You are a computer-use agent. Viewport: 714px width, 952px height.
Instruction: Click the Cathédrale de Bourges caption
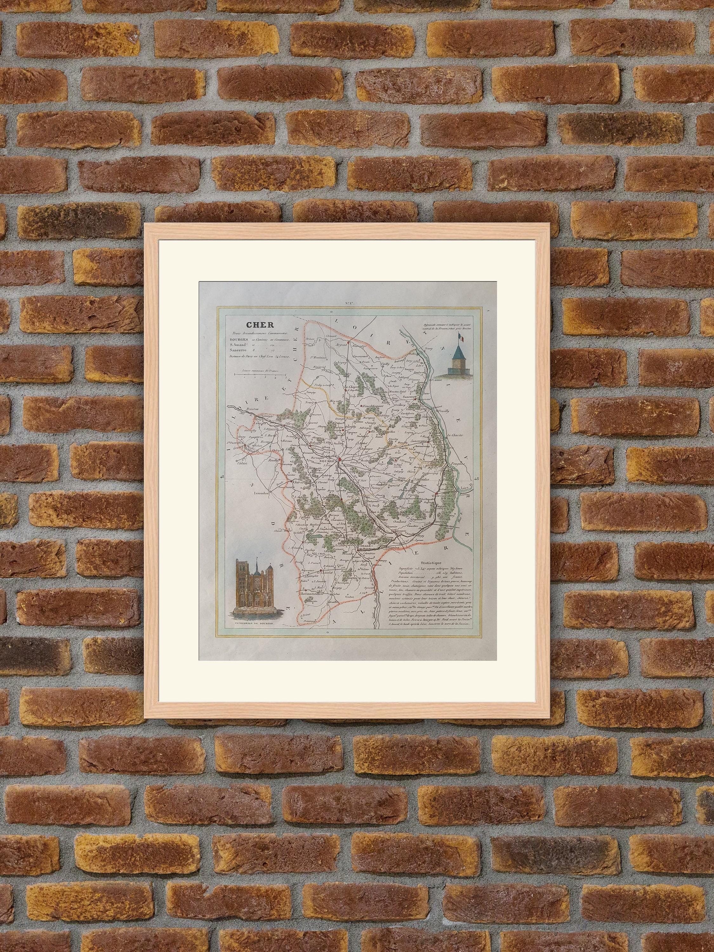254,623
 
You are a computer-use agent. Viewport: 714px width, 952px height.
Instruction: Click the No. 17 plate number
349,304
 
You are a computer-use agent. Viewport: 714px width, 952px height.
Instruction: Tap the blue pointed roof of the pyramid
457,353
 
